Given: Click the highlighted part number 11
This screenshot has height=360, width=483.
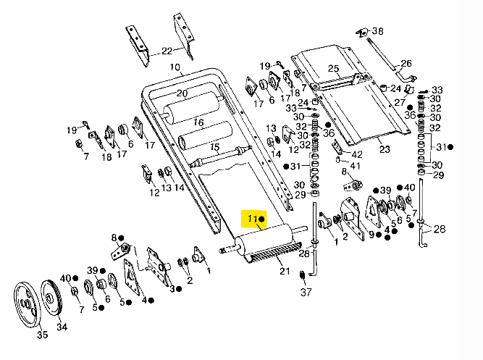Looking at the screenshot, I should tap(251, 218).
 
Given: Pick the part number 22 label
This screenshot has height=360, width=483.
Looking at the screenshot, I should tap(167, 51).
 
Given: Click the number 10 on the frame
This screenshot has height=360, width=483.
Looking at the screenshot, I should tap(175, 68).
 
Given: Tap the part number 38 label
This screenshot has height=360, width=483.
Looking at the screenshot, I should tap(378, 31).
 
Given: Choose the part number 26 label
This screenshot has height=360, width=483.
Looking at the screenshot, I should tap(406, 64).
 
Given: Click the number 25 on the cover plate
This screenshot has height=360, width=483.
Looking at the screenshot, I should tap(333, 70).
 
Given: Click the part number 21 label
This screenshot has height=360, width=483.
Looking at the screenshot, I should tap(285, 271).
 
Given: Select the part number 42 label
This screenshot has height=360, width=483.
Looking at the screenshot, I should tap(357, 154).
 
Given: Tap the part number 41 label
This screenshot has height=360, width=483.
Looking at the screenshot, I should tap(354, 166).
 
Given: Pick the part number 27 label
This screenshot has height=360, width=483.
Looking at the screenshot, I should tap(399, 103).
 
